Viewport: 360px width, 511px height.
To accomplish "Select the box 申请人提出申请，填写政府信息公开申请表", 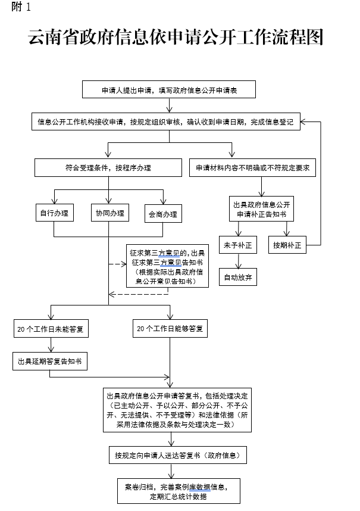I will (169, 90).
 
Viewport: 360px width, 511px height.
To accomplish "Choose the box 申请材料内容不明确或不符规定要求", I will (253, 168).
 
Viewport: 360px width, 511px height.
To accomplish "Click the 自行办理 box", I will (54, 213).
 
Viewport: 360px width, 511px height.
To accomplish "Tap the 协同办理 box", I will (109, 213).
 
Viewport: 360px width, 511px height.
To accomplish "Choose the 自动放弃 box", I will (239, 277).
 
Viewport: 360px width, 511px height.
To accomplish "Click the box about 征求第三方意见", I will (167, 266).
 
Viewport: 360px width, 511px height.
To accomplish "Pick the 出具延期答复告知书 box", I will (50, 361).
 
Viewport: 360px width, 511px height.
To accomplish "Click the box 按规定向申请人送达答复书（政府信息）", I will (177, 456).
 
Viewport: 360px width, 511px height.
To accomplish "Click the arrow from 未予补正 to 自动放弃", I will (239, 261).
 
